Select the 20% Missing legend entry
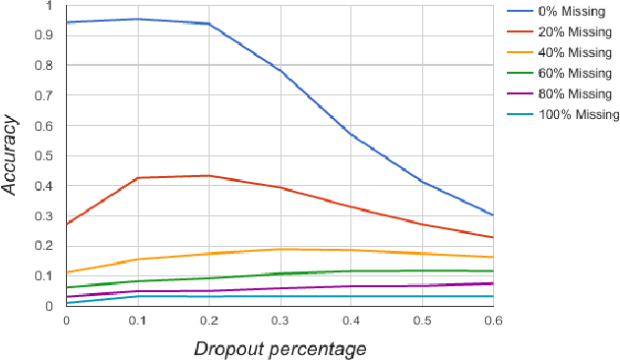[x=570, y=31]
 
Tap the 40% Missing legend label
[x=570, y=52]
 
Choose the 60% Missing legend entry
[x=570, y=73]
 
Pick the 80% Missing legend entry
[x=570, y=93]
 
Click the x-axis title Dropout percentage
[x=279, y=349]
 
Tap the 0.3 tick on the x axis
[x=279, y=321]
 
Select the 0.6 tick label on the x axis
[x=493, y=321]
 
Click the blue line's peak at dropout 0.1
[x=138, y=19]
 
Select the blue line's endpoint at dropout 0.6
[x=492, y=214]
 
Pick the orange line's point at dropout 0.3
[x=279, y=249]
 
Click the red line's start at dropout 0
[x=67, y=223]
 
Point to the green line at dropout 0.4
[x=350, y=270]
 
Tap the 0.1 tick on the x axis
[x=138, y=321]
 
